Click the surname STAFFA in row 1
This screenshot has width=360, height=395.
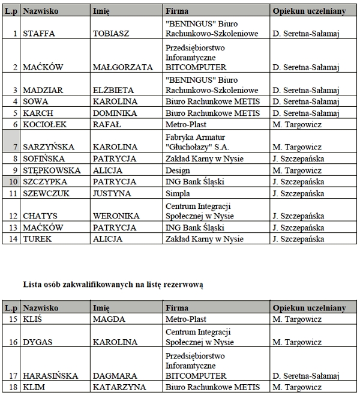(x=38, y=34)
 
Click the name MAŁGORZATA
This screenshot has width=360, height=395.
(x=123, y=68)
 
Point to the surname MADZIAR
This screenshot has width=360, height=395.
(x=42, y=90)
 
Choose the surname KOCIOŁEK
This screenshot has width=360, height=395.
(x=45, y=124)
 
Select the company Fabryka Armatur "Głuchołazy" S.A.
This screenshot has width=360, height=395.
(x=196, y=141)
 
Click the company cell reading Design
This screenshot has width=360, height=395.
(x=178, y=170)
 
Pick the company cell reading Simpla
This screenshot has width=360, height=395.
(x=178, y=193)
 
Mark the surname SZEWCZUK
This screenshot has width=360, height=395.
(x=47, y=193)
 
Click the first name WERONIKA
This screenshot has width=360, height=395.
(x=116, y=216)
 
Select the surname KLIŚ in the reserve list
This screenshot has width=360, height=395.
(x=32, y=319)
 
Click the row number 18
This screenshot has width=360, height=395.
(x=13, y=387)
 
